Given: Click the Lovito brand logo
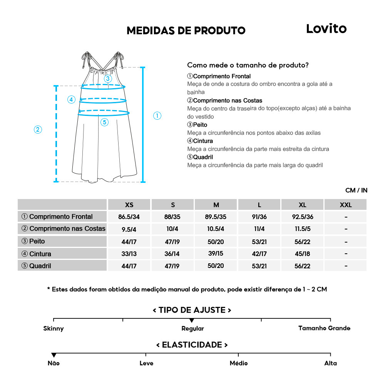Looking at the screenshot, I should tap(326, 29).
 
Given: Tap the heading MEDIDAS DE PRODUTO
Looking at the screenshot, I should tap(186, 31).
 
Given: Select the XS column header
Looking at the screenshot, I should tap(129, 205).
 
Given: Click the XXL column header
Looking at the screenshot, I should tap(345, 205).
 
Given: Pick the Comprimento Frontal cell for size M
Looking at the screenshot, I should tap(216, 217).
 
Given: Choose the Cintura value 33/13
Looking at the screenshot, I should tap(129, 254).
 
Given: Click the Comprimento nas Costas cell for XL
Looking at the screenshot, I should tap(302, 229).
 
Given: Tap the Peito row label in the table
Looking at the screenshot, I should tap(37, 241).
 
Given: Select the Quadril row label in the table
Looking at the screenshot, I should tap(40, 266).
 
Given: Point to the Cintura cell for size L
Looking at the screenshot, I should tap(259, 254).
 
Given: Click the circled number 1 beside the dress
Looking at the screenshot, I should tap(157, 115).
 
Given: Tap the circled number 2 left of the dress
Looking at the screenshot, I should tap(38, 129).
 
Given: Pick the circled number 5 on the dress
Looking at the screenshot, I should tap(105, 122).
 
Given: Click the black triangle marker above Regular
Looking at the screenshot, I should tap(192, 320).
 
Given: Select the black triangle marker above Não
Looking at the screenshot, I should tap(54, 355).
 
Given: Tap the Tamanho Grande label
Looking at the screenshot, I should tap(324, 328).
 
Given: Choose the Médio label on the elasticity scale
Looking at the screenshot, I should tap(239, 363).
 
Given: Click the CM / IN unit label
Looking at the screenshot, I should tap(356, 190).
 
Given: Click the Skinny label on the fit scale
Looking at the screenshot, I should tap(54, 328).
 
